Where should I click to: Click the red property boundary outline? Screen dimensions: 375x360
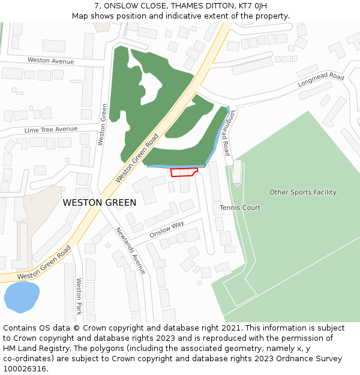tap(184, 172)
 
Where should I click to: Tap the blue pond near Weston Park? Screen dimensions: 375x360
tap(22, 297)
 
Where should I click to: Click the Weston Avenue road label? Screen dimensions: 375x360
tap(51, 61)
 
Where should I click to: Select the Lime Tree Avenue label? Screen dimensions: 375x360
tap(51, 130)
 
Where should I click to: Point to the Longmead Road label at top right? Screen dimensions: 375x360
tap(321, 81)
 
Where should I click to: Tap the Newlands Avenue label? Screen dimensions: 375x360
tap(130, 250)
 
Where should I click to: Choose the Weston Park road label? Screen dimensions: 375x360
tap(79, 296)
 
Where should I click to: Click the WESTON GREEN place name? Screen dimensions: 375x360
tap(100, 203)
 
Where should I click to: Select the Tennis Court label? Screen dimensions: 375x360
tap(240, 208)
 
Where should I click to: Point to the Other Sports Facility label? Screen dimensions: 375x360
tap(302, 193)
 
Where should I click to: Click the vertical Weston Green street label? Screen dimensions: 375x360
tap(103, 124)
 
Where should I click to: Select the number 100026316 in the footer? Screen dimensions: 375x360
tap(25, 369)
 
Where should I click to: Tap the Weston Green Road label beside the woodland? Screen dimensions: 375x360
tap(137, 158)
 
